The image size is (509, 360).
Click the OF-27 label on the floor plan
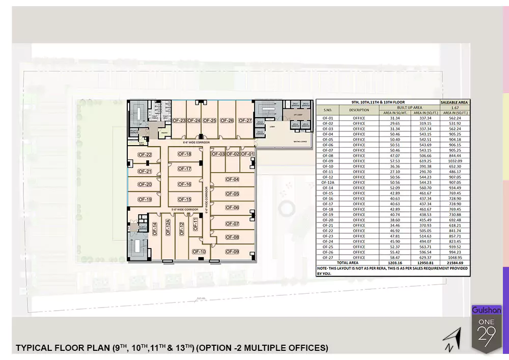coord(245,121)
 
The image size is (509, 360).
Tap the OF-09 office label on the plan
coord(232,252)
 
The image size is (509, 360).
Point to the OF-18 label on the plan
coord(184,154)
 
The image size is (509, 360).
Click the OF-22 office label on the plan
coord(145,155)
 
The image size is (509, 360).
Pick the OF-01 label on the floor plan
coord(247,154)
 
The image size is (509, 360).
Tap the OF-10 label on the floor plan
coord(199,252)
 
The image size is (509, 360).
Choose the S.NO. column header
coord(328,110)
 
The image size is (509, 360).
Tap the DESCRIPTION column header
coord(359,110)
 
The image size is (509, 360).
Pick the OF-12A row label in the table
coord(328,182)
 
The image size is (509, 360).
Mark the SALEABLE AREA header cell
coord(455,102)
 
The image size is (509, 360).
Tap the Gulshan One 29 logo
coord(487,328)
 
